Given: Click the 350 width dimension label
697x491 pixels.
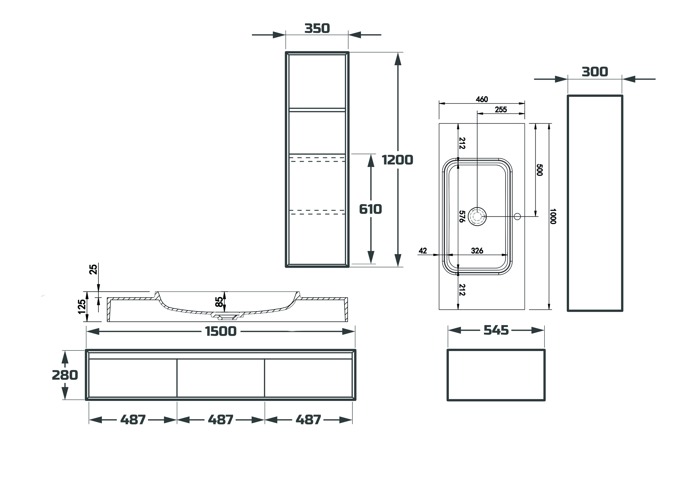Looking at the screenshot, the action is click(x=317, y=28).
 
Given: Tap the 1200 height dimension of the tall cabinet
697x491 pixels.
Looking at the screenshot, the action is click(x=397, y=160).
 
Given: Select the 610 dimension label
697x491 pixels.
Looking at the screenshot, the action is click(x=370, y=209).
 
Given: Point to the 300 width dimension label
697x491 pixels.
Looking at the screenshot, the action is click(x=595, y=72).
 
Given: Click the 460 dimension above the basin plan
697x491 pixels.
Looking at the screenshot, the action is click(x=482, y=99).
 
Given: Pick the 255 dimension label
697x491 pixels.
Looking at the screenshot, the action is click(x=501, y=110).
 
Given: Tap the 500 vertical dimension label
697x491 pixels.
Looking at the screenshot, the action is click(x=539, y=170).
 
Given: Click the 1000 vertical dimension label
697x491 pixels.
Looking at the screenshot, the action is click(x=553, y=216).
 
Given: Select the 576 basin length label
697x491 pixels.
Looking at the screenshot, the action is click(x=462, y=216).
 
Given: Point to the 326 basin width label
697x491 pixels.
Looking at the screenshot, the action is click(x=477, y=251).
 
